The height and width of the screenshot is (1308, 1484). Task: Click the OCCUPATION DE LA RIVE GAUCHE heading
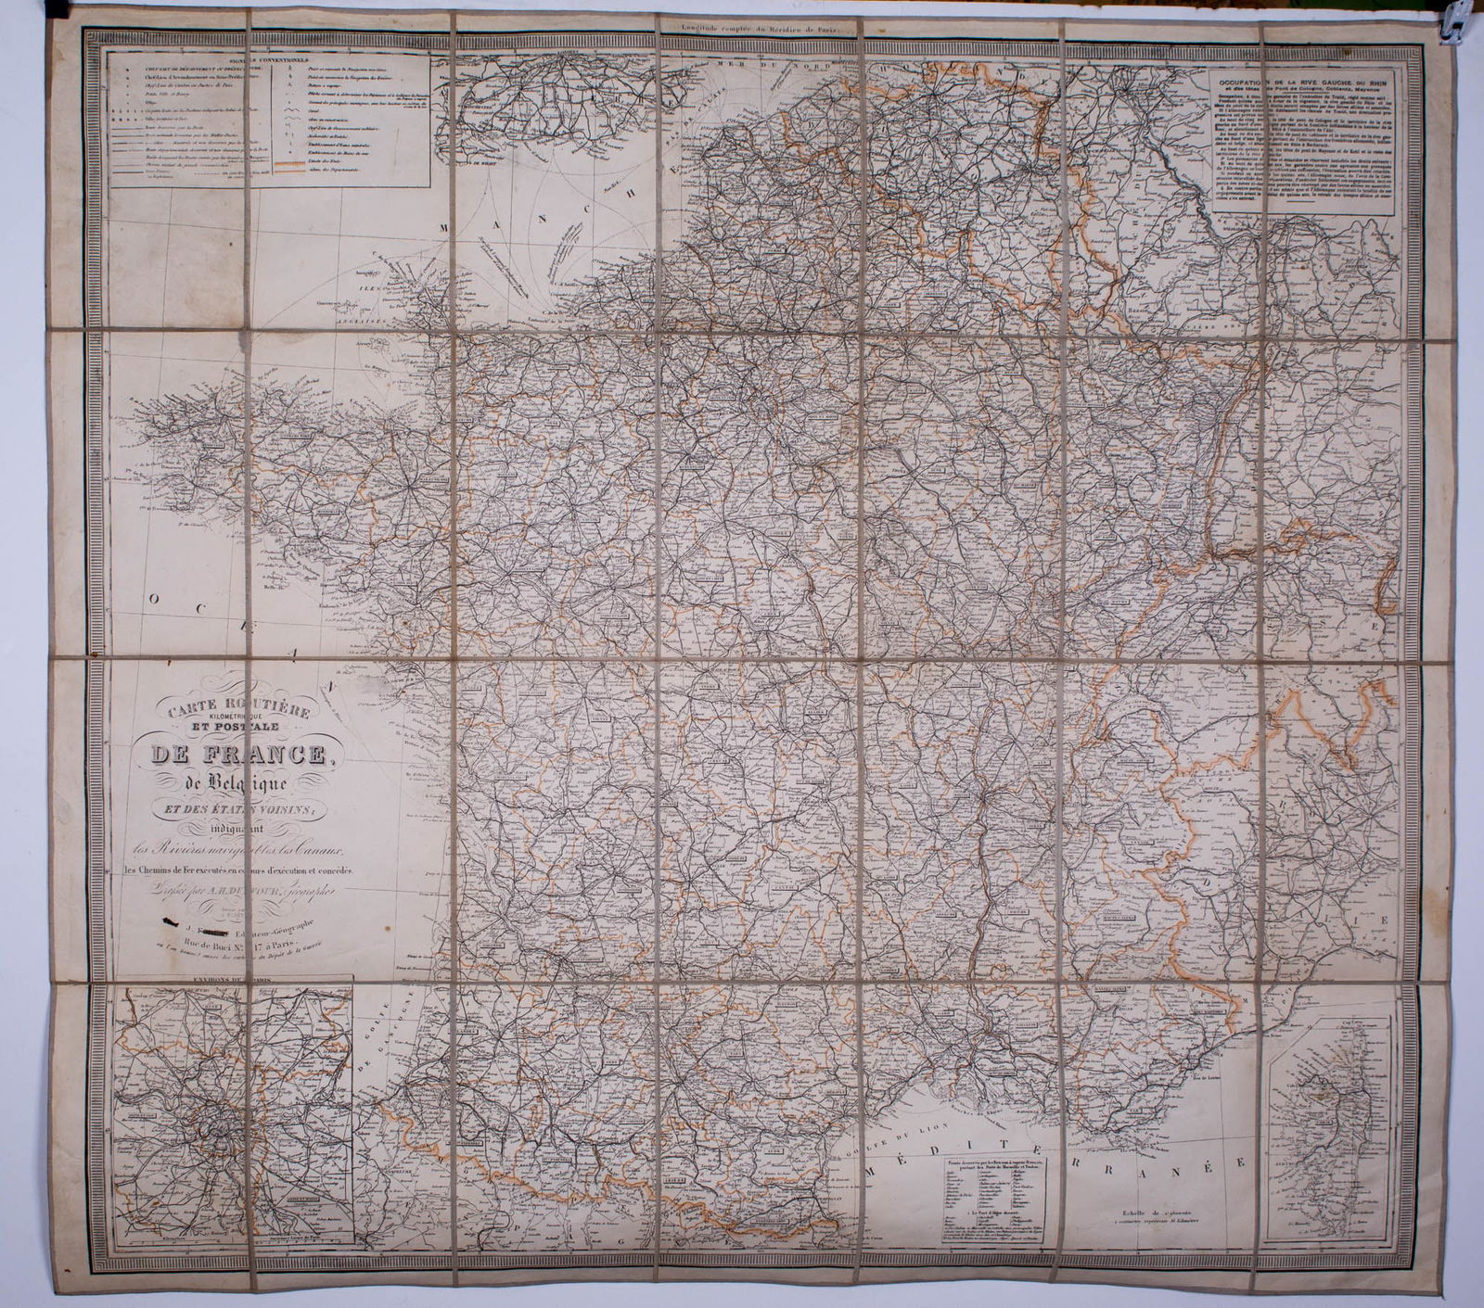pos(1304,80)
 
